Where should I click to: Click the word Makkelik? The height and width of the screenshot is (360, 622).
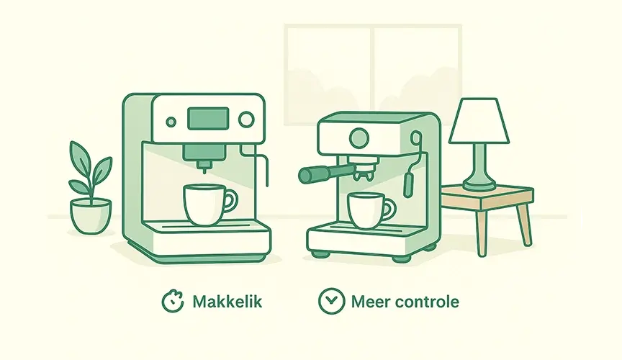click(x=227, y=302)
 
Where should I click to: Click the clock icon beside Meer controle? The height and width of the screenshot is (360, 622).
click(x=331, y=301)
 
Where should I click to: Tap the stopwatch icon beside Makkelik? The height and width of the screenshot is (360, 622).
click(x=173, y=302)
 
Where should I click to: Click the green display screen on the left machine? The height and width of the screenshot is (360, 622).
click(x=208, y=118)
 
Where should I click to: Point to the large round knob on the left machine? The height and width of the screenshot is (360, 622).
click(x=246, y=119)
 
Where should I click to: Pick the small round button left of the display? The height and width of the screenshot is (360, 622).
click(x=171, y=122)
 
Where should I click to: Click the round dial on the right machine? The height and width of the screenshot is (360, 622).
click(x=359, y=138)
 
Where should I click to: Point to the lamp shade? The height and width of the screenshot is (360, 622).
click(x=479, y=121)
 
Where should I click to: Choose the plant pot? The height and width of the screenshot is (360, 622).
click(x=91, y=216)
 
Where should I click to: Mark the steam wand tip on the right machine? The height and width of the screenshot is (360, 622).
click(x=408, y=185)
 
